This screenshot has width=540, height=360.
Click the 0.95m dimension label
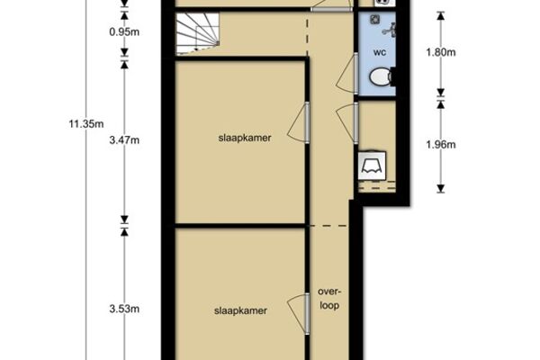pos(124,32)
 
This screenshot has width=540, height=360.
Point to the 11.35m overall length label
pos(86,123)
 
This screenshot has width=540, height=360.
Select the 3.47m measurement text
pos(124,140)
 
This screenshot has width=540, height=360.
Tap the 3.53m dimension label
pos(124,309)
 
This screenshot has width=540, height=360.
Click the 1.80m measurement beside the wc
pos(441,52)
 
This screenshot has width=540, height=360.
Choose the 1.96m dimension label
pos(441,145)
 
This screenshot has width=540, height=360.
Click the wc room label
pos(380,53)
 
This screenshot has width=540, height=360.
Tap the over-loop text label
pos(329,299)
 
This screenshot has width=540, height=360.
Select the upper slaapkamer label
pos(245,138)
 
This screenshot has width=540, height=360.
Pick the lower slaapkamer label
pos(240,311)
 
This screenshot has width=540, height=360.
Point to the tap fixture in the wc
pos(390,30)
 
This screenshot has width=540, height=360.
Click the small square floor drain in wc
pos(374,20)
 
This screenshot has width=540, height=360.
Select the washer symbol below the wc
pos(372,166)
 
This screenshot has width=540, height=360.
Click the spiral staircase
pos(198,33)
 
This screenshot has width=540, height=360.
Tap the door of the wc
pos(347,74)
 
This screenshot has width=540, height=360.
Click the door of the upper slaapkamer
pos(298,122)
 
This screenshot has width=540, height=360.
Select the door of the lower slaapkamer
pos(298,313)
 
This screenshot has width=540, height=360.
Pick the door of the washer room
pos(347,123)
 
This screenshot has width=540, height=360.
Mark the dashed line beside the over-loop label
pos(328,226)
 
